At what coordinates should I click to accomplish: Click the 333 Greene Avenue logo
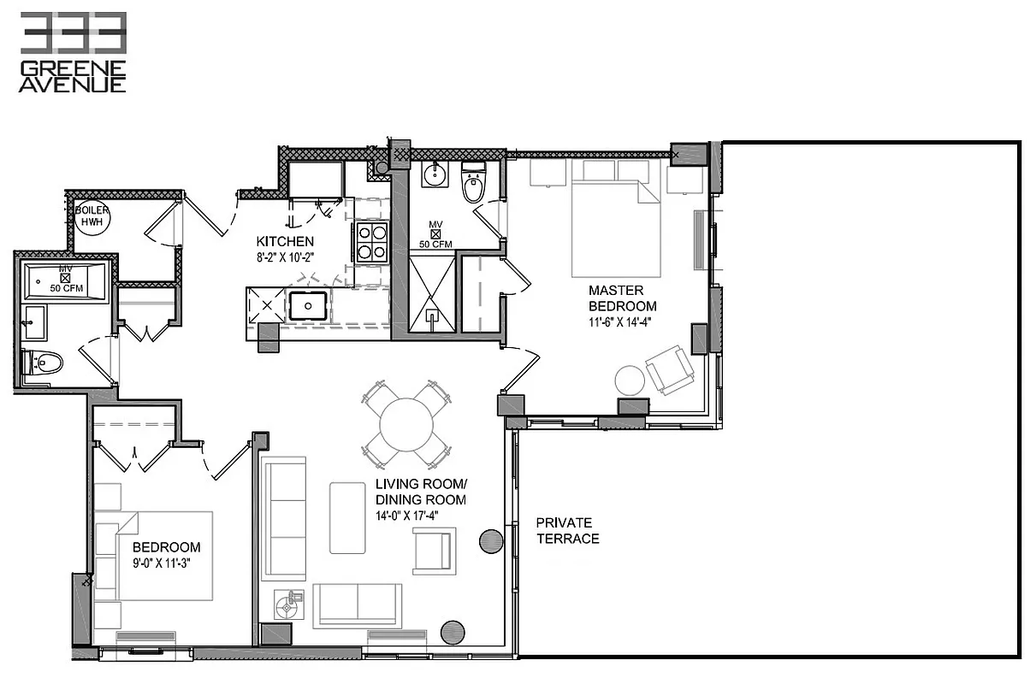[74, 52]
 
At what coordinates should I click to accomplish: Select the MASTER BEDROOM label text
[622, 298]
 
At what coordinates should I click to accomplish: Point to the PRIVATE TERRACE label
[567, 530]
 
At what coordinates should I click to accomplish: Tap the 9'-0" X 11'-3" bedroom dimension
[167, 563]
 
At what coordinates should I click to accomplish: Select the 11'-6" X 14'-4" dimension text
[622, 321]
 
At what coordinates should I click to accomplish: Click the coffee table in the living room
[347, 516]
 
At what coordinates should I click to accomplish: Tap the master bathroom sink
[435, 177]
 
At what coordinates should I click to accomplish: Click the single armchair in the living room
[435, 550]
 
